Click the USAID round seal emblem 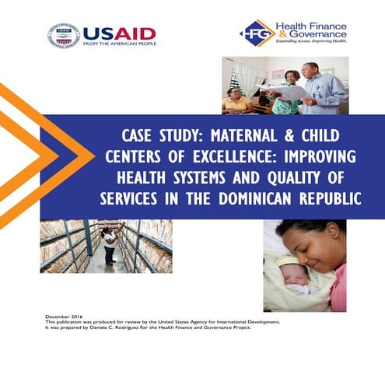tap(63, 36)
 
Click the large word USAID tap(119, 33)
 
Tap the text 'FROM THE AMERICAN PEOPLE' tap(119, 44)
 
